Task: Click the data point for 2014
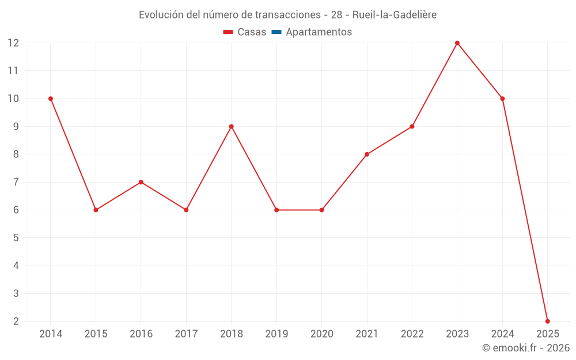(51, 98)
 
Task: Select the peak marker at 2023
(457, 43)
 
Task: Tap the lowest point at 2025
(548, 321)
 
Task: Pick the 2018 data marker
(232, 127)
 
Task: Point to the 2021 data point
(367, 154)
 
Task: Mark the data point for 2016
(141, 182)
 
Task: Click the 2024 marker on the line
(502, 98)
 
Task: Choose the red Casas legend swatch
(228, 32)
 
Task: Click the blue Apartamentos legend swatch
(276, 32)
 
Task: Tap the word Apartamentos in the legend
(319, 32)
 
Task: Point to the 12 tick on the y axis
(13, 43)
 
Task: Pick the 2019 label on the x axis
(276, 334)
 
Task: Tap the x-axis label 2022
(412, 334)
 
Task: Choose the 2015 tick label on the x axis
(96, 334)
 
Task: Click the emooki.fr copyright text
(526, 348)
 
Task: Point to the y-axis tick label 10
(13, 98)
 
